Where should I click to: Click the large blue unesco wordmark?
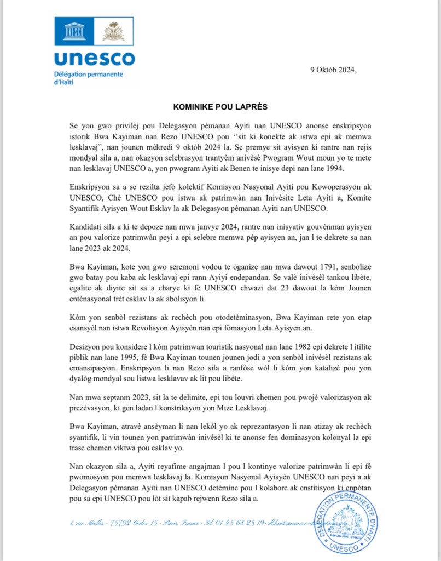tap(94, 59)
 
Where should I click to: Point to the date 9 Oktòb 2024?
tap(333, 70)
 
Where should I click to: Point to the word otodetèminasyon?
tap(231, 317)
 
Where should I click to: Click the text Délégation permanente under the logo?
tap(88, 74)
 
